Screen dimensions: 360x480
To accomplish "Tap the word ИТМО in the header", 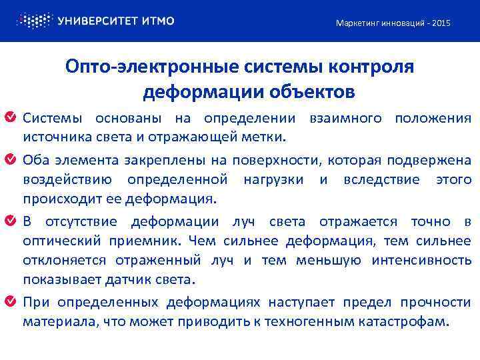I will [158, 21].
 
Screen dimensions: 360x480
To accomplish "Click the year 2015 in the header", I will [441, 23].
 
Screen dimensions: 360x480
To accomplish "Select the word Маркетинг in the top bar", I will [357, 23].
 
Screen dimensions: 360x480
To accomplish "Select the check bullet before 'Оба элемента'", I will [11, 160].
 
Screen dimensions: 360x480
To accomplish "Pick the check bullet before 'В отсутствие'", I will [11, 221].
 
